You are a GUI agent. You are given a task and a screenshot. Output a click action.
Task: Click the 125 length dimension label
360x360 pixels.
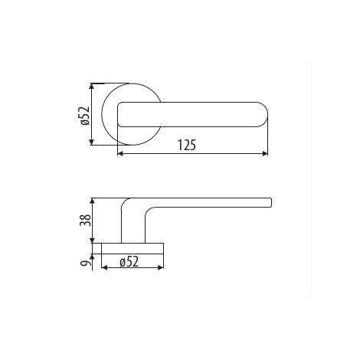pyautogui.click(x=187, y=145)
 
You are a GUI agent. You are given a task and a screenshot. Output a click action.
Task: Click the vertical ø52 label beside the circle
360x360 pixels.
pyautogui.click(x=85, y=116)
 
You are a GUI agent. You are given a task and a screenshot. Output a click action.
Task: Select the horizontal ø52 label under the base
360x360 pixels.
pyautogui.click(x=129, y=262)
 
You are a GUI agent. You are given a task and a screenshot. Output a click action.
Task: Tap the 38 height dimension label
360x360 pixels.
pyautogui.click(x=85, y=220)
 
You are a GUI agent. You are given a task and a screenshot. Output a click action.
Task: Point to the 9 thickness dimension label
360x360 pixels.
pyautogui.click(x=86, y=263)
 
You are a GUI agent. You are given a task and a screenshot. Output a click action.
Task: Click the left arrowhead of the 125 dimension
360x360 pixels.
pyautogui.click(x=120, y=153)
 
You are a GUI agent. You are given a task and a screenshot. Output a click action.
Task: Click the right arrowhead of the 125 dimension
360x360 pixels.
pyautogui.click(x=265, y=153)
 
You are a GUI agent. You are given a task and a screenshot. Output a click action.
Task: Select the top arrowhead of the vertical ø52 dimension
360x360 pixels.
pyautogui.click(x=92, y=87)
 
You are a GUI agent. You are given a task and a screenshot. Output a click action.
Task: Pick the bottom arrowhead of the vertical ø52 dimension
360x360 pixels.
pyautogui.click(x=92, y=142)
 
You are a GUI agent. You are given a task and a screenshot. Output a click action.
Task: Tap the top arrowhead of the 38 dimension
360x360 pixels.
pyautogui.click(x=93, y=201)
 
